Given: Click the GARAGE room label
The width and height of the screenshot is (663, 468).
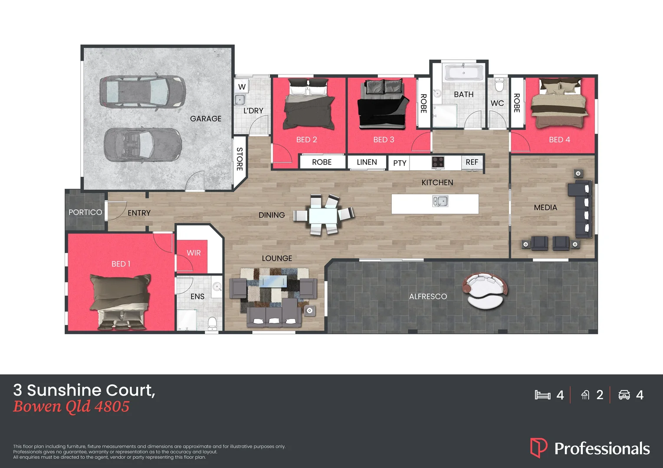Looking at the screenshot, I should click(x=206, y=119).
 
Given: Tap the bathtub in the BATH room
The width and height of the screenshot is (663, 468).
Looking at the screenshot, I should click(x=463, y=73).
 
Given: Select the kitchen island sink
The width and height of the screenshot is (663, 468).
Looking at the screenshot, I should click(x=440, y=201).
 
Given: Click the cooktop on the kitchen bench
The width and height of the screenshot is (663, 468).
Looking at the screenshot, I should click(x=438, y=162).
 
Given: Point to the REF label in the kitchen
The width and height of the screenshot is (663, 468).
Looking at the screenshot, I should click(x=472, y=162).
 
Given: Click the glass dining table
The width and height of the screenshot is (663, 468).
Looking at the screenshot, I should click(x=323, y=215).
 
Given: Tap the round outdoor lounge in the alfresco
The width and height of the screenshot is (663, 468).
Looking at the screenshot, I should click(x=485, y=291).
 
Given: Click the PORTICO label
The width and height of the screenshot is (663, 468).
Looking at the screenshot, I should click(x=85, y=212).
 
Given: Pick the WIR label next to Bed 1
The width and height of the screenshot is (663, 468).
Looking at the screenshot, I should click(x=194, y=253).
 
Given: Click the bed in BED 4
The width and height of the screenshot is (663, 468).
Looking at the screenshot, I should click(x=559, y=104).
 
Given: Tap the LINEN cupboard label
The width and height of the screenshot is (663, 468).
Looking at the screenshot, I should click(x=367, y=162).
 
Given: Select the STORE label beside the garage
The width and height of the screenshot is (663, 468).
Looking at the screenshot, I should click(x=240, y=159).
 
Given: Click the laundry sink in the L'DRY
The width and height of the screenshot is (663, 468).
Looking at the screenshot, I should click(x=240, y=100).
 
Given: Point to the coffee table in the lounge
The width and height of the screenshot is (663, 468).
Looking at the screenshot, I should click(x=273, y=282).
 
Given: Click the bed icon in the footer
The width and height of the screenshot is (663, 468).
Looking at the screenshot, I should click(x=542, y=395).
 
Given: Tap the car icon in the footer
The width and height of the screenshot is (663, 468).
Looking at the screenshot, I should click(x=624, y=395).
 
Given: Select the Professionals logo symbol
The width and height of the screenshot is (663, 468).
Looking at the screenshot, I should click(x=538, y=448).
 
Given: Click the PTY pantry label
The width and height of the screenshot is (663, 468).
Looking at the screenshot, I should click(x=400, y=163).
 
